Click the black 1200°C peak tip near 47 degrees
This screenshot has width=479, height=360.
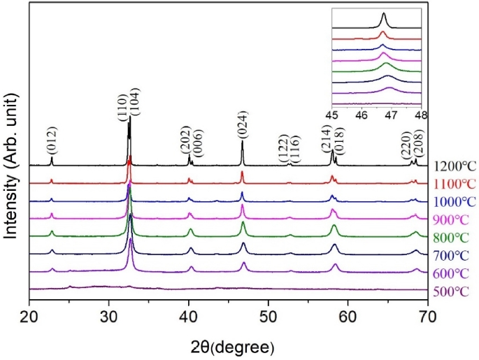[243, 142]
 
